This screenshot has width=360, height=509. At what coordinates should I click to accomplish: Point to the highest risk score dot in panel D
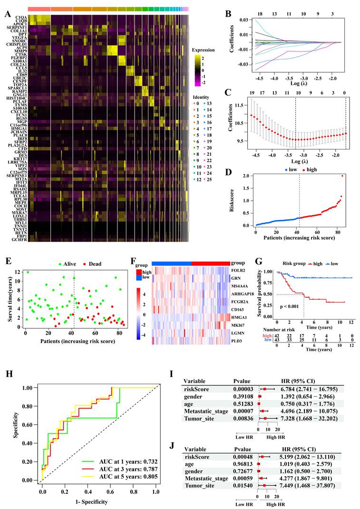341,176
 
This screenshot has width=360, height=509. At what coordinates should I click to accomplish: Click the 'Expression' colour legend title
204,49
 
